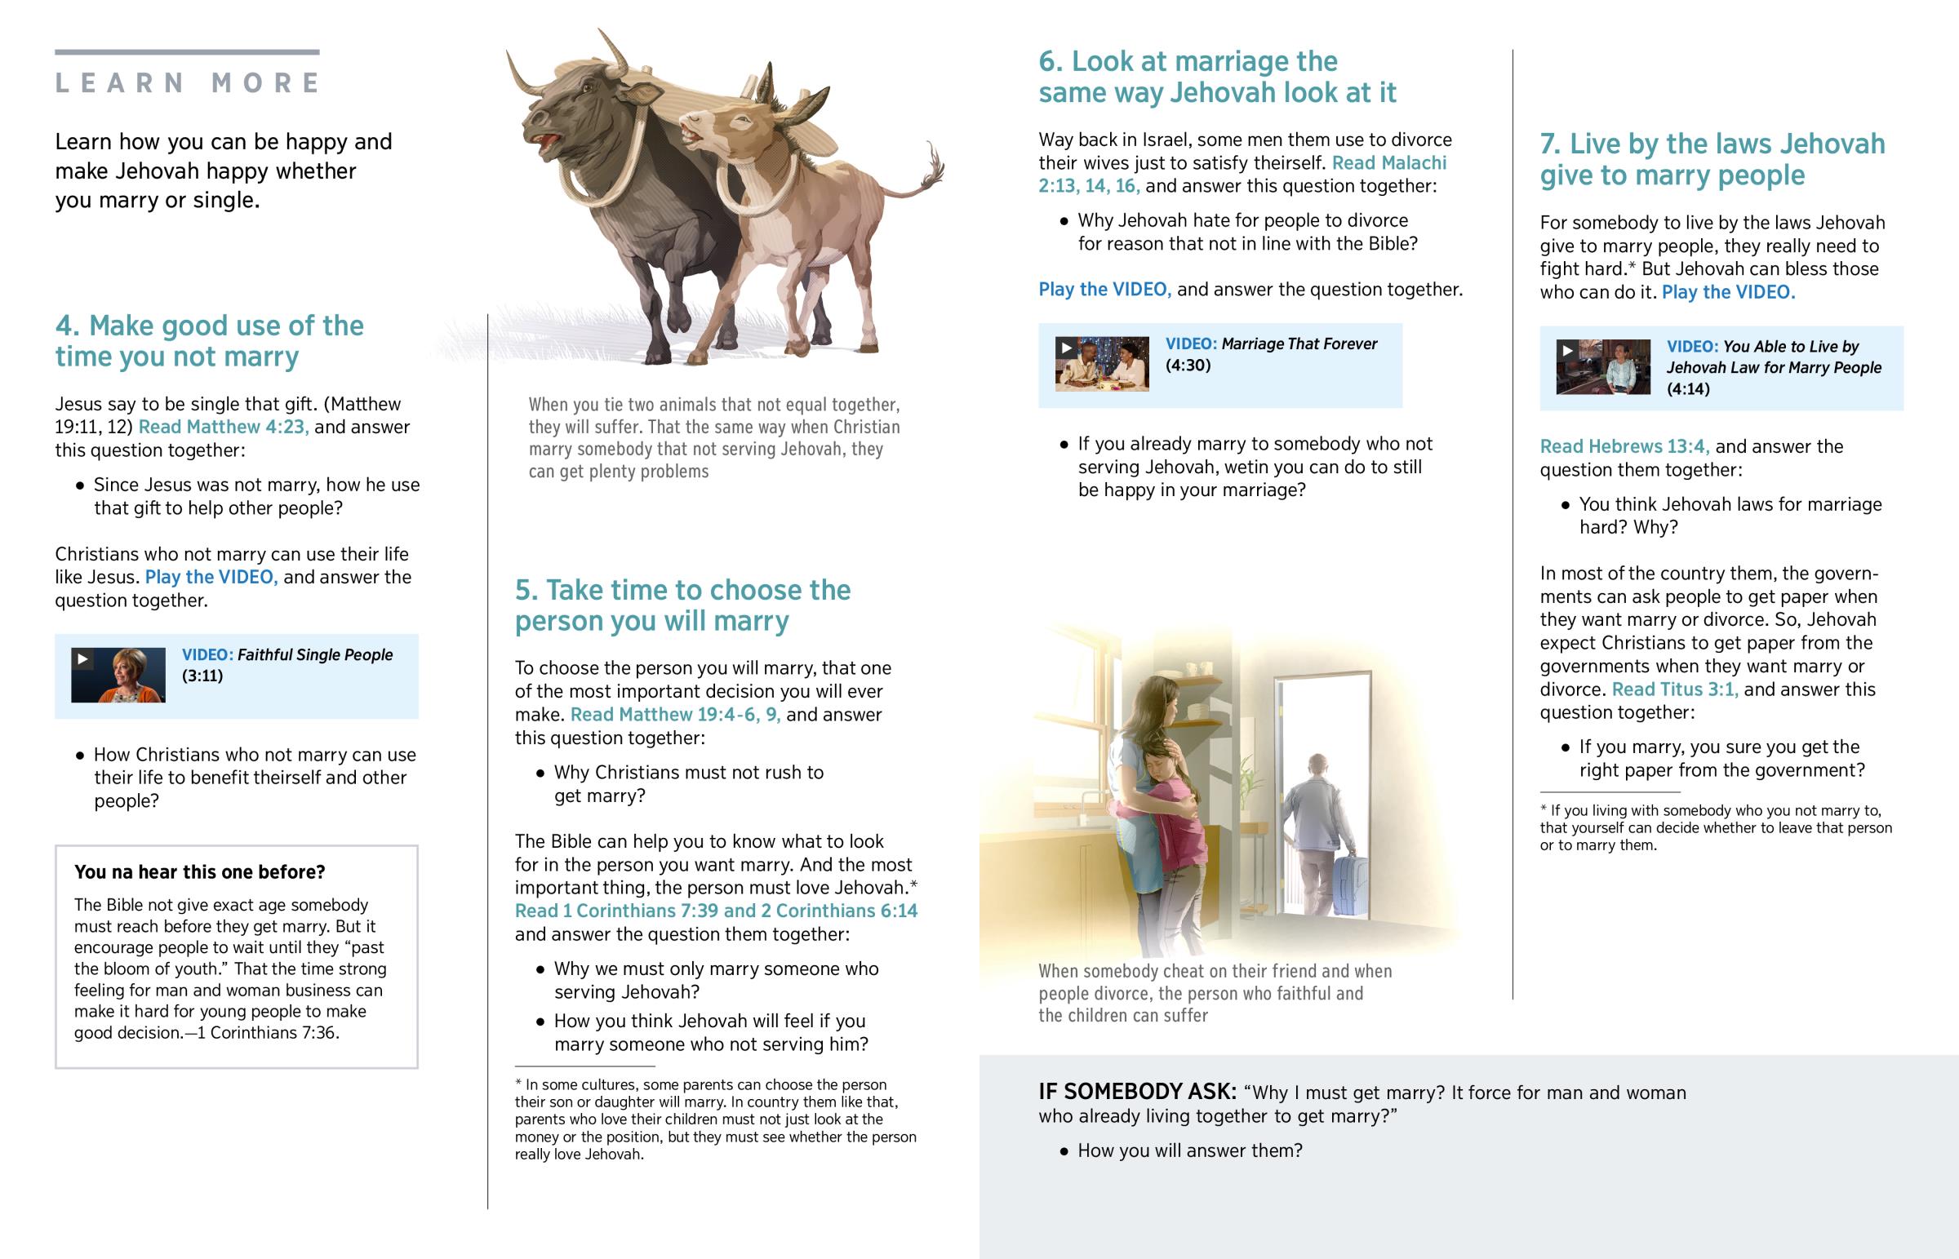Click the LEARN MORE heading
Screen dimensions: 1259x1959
187,83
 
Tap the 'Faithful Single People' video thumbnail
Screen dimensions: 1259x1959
118,675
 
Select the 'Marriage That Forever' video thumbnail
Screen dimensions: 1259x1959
1101,364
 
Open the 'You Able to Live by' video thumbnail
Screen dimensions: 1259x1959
1602,366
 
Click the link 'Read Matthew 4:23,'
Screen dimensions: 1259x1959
223,427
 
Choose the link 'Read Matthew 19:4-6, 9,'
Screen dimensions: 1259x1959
674,715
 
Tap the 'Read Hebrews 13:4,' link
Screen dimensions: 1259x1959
1624,446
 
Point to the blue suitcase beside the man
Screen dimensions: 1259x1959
1351,884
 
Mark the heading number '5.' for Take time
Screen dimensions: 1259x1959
526,590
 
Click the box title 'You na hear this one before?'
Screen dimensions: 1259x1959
199,872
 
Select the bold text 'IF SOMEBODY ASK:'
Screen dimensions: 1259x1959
1137,1092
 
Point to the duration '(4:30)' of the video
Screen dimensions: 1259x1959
1187,366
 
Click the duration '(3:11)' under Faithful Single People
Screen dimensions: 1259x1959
202,676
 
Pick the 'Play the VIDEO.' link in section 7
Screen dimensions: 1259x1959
1728,293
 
